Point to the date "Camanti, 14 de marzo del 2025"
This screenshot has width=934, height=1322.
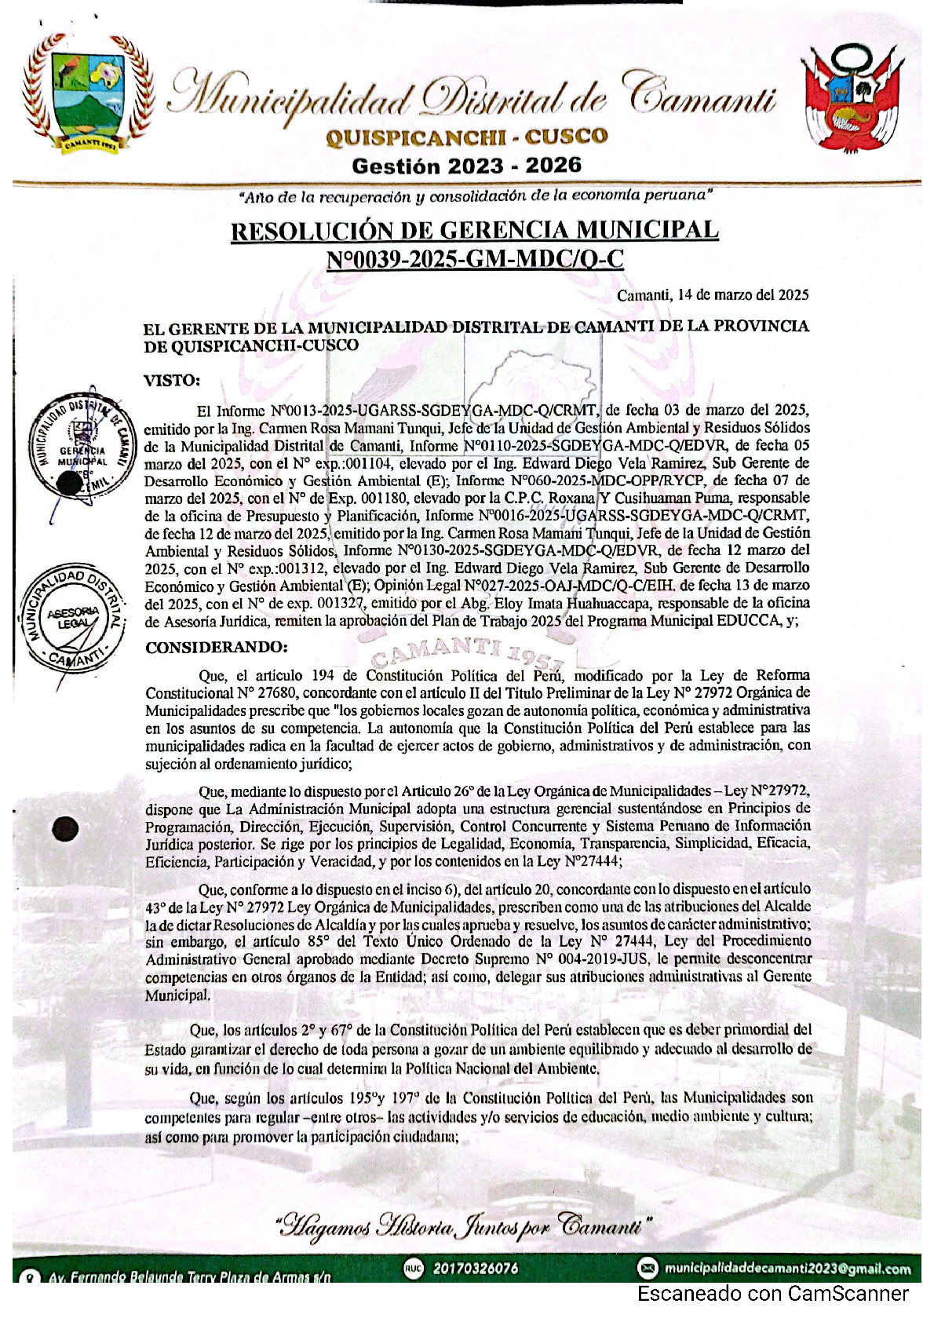713,296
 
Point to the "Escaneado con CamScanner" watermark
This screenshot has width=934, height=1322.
772,1295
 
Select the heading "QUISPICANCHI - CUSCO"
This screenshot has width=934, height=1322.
466,137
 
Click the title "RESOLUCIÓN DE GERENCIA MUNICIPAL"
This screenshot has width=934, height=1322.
474,231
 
